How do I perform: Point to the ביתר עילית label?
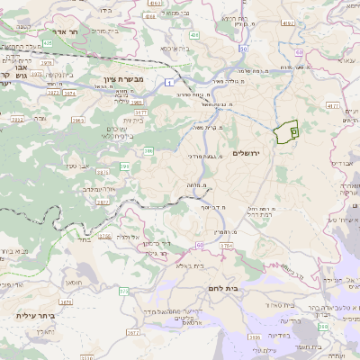click(34, 317)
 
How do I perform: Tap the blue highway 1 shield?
click(167, 83)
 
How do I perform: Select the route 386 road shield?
click(148, 150)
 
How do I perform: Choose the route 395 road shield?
click(124, 167)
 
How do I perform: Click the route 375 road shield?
click(123, 292)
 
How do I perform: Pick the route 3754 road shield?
click(225, 245)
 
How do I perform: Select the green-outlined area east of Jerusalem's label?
click(288, 131)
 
